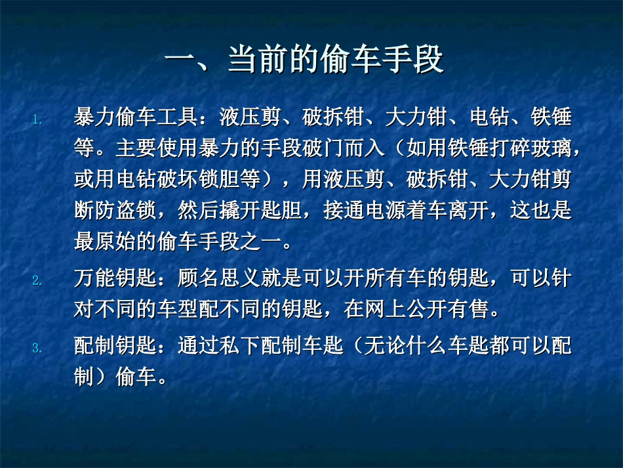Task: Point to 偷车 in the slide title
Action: [x=354, y=61]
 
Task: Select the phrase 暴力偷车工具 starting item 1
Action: [x=136, y=118]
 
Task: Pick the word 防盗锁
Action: [x=125, y=210]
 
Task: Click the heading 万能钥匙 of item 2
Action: [x=115, y=279]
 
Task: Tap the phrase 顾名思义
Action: [x=220, y=279]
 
